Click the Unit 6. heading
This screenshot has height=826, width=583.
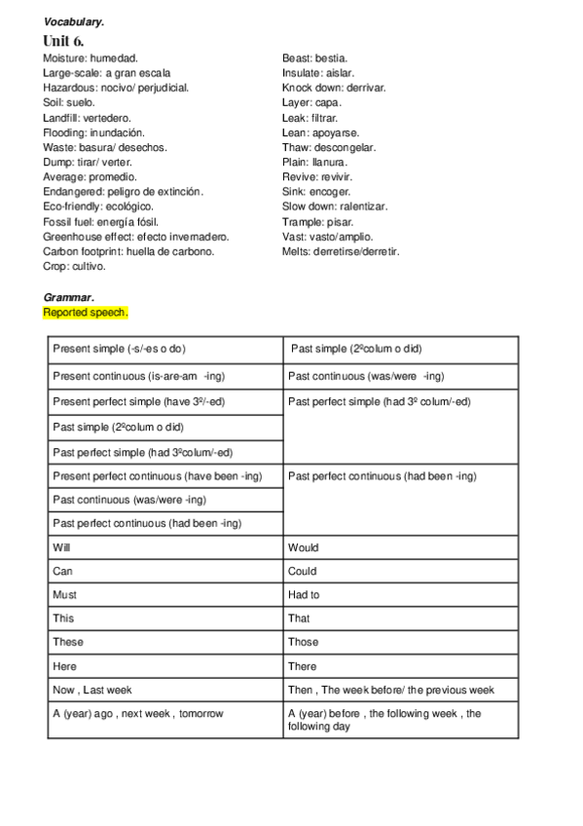63,41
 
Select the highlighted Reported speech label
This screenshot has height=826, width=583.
86,313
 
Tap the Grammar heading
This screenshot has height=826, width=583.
68,296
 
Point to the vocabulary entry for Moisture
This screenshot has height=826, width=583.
91,58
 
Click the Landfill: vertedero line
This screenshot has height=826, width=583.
88,117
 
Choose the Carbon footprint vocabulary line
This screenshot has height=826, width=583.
128,250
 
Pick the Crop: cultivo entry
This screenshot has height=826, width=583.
75,265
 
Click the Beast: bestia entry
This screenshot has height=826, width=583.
315,58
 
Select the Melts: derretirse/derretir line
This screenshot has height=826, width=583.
341,250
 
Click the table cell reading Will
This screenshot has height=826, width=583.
61,547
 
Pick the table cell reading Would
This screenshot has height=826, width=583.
304,547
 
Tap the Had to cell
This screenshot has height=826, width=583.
304,594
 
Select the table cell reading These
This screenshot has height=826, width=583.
68,642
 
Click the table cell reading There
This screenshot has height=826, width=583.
303,666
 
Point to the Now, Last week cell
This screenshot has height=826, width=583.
92,690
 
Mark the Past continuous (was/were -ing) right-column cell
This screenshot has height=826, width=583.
366,377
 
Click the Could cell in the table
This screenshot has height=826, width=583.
303,571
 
